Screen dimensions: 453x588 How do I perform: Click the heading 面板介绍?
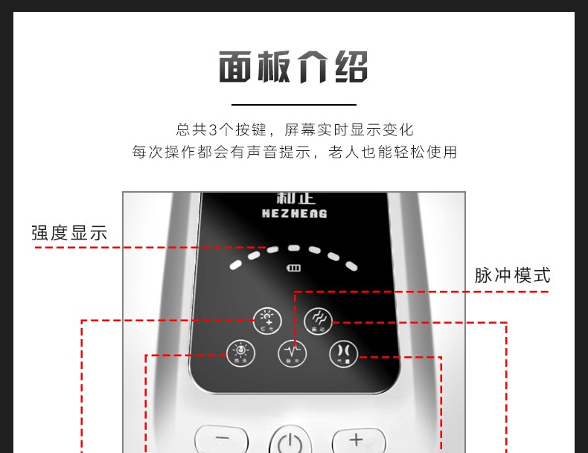coord(293,68)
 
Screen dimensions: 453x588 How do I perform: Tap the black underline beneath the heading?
coord(293,105)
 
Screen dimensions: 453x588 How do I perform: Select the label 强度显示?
coord(69,233)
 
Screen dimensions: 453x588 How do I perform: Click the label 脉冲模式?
coord(512,275)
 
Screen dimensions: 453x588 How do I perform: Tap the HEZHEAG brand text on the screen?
coord(295,213)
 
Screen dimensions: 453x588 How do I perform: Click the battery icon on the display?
coord(295,269)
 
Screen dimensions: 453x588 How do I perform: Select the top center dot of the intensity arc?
coord(294,248)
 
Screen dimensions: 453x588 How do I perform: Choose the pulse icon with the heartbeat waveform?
coord(293,353)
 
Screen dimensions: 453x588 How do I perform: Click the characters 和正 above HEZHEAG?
coord(295,199)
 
